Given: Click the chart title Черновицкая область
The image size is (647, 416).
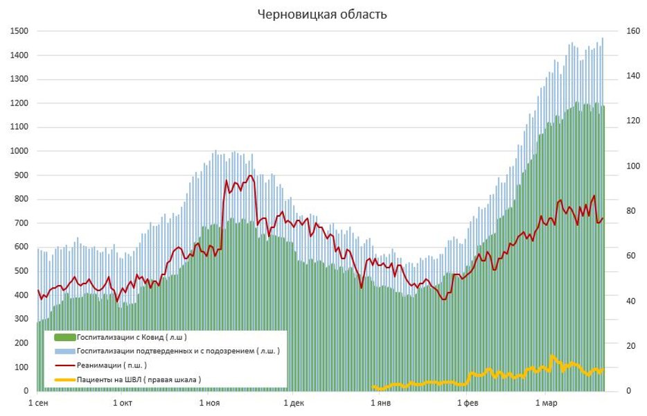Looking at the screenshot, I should tap(322, 14).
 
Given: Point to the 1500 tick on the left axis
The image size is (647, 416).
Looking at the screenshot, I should tap(19, 31).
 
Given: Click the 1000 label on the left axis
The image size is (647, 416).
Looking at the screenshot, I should tap(19, 151).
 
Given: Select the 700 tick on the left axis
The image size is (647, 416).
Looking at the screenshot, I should tap(21, 223).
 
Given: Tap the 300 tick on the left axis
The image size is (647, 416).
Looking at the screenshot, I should tap(21, 319).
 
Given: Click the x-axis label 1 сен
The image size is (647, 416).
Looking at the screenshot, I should tap(38, 403).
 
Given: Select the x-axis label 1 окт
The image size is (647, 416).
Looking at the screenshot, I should tap(123, 403).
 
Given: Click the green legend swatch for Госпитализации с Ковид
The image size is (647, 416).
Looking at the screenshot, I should tap(64, 338).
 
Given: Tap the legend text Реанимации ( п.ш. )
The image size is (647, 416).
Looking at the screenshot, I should tap(112, 365).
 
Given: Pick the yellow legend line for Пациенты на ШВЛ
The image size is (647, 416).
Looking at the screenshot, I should tap(64, 379).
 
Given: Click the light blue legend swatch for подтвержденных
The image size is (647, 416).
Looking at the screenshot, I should tap(64, 352).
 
